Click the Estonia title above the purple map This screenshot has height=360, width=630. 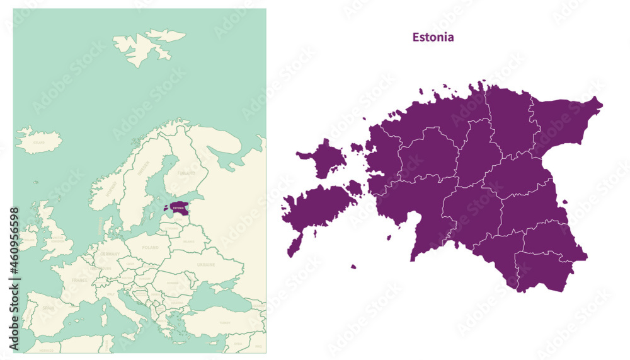(433, 37)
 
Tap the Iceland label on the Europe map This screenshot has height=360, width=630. (39, 142)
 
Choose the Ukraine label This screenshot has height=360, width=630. (206, 265)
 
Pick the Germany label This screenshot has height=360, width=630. (110, 253)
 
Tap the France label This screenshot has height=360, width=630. (79, 279)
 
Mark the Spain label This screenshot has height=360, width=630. (47, 308)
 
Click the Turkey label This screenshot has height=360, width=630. (224, 322)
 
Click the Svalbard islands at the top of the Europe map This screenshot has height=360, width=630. (149, 46)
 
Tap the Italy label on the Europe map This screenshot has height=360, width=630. (112, 293)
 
